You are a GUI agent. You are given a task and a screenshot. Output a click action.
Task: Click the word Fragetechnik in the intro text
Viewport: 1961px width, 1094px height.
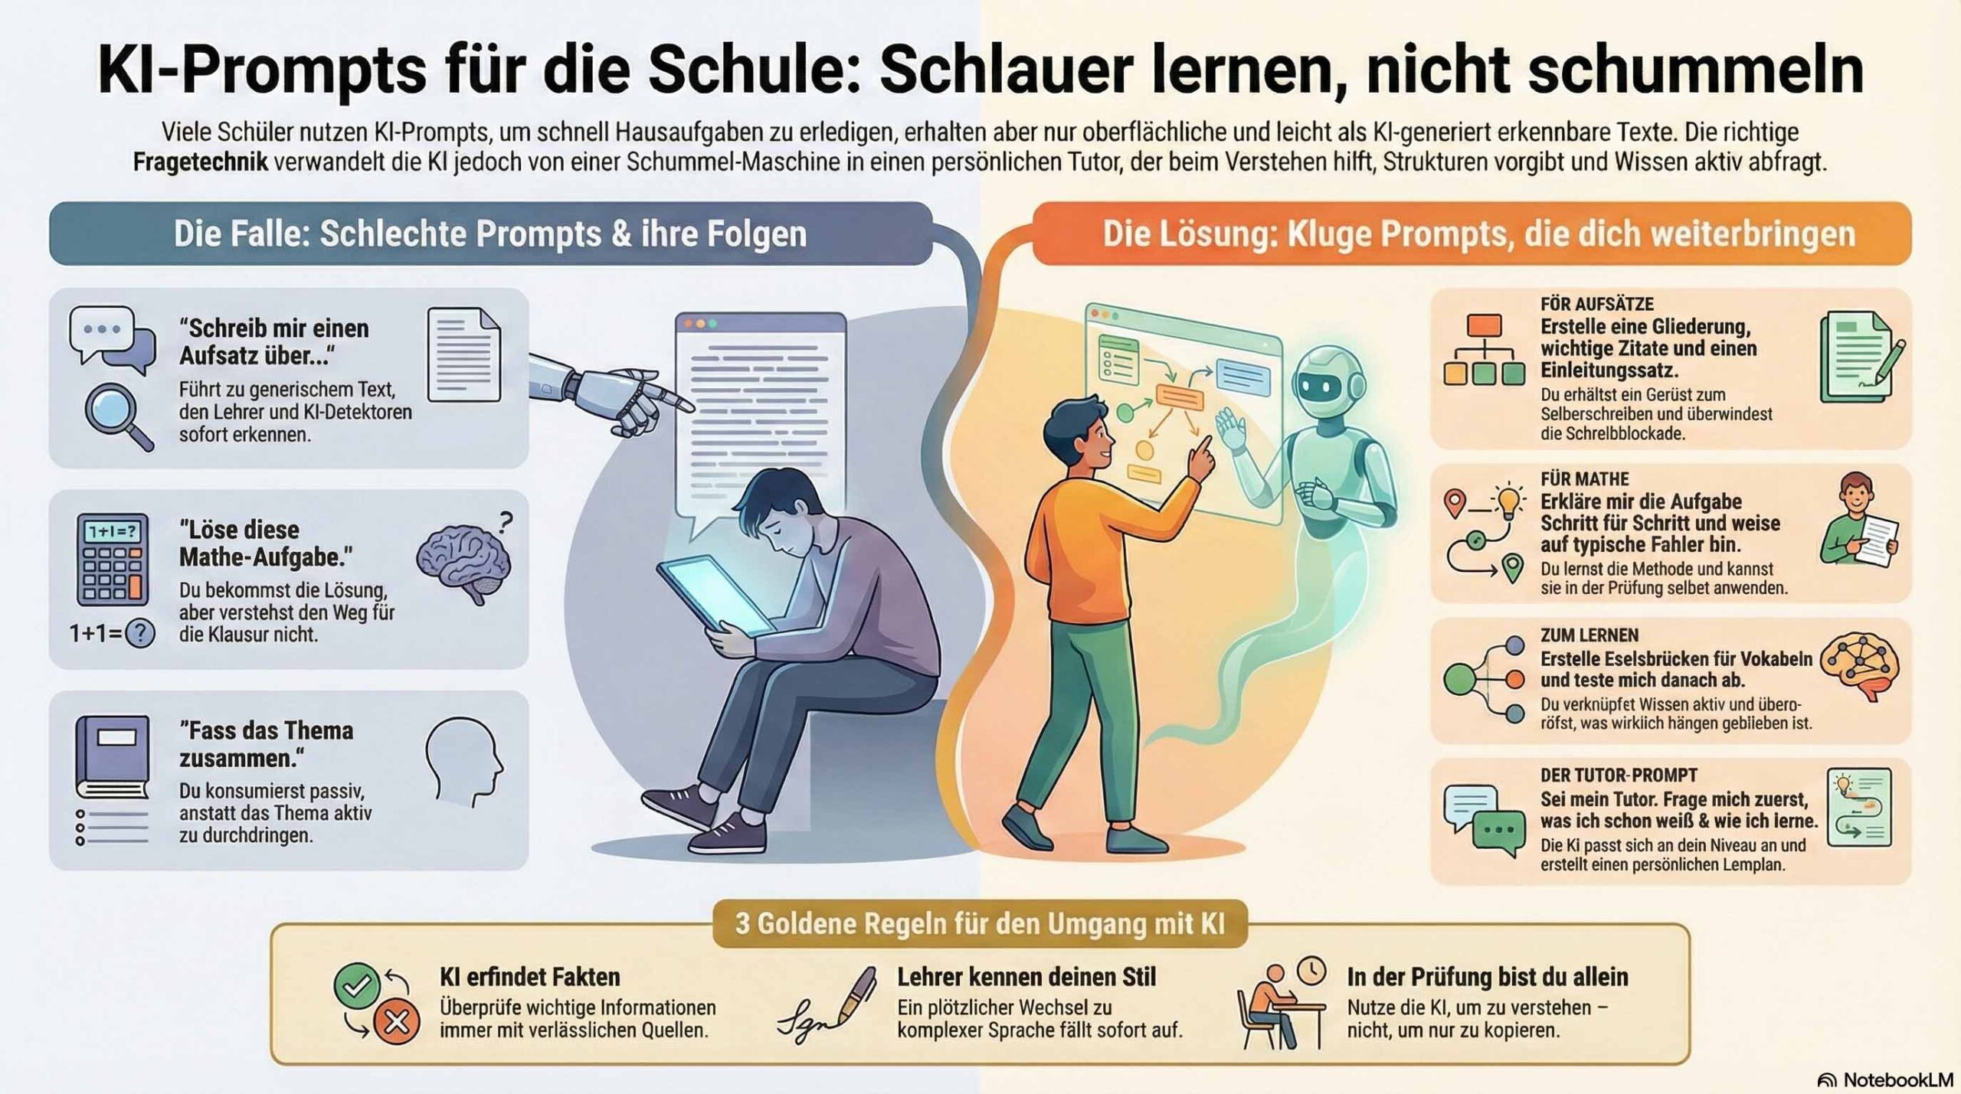coord(201,162)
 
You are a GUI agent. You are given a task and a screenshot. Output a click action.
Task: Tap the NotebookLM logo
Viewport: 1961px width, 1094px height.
coord(1826,1080)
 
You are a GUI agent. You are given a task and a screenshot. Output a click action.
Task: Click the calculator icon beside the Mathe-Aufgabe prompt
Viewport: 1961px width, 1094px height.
coord(113,560)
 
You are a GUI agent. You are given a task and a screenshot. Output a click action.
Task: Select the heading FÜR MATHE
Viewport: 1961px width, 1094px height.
coord(1585,479)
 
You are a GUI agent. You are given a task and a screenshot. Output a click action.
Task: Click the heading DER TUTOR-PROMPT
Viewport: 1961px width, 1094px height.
coord(1619,775)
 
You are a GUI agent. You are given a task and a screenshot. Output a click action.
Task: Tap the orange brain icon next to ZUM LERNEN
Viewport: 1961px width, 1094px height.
coord(1860,666)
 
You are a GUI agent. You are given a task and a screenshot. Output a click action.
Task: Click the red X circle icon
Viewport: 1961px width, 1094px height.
coord(396,1022)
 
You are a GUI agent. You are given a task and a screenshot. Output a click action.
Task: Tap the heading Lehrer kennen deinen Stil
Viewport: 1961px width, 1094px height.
coord(1026,977)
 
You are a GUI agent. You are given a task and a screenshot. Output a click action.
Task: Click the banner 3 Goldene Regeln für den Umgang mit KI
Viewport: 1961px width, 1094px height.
coord(980,923)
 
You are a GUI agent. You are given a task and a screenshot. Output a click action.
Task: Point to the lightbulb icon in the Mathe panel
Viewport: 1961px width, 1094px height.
coord(1508,501)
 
